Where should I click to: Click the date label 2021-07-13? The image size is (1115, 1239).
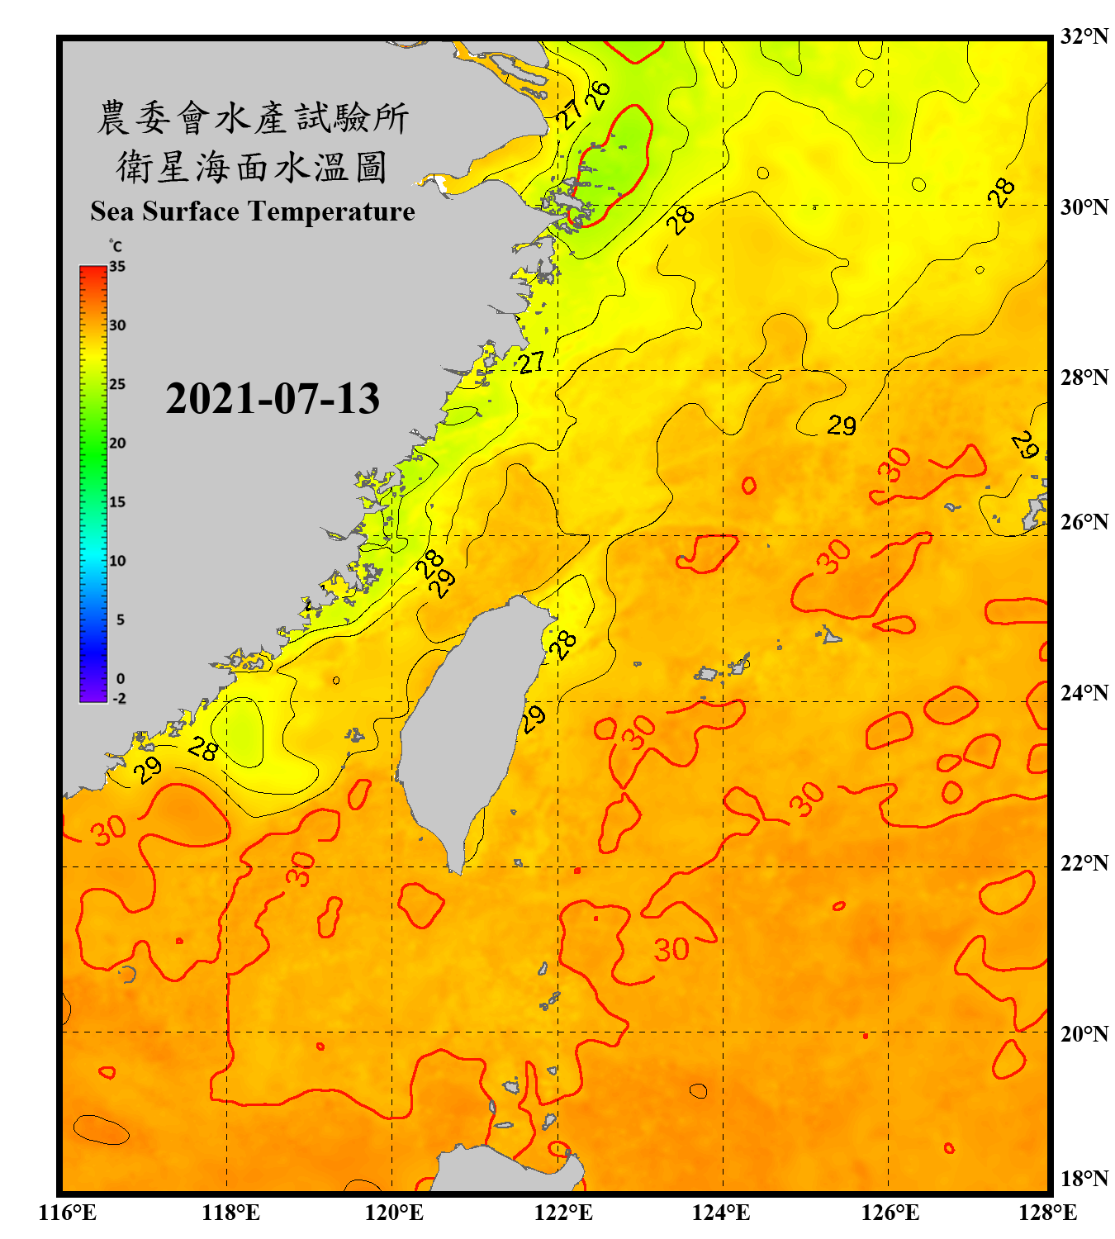click(273, 399)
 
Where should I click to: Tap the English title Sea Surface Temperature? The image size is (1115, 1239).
click(253, 211)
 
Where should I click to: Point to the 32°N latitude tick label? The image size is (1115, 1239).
click(1084, 36)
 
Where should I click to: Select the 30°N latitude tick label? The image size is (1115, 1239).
click(1084, 206)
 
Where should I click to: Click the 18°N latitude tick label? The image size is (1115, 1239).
click(1084, 1179)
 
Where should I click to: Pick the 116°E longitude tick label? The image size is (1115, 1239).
click(68, 1213)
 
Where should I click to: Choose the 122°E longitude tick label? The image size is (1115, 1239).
click(563, 1213)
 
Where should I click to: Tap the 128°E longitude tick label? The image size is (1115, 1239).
click(1047, 1213)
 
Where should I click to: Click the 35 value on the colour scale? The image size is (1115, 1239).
click(117, 267)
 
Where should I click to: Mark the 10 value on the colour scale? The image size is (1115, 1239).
click(117, 561)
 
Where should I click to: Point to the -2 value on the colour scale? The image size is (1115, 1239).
click(119, 699)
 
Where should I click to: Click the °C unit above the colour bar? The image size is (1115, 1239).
click(116, 246)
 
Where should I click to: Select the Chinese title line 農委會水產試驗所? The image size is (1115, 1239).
click(253, 117)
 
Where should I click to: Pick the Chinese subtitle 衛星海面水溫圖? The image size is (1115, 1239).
click(253, 167)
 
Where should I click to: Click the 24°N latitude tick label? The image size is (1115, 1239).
click(1084, 693)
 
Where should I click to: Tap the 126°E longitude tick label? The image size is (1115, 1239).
click(890, 1213)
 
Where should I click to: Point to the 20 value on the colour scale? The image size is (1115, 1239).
click(117, 444)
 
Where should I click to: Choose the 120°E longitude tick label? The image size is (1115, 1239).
click(394, 1213)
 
